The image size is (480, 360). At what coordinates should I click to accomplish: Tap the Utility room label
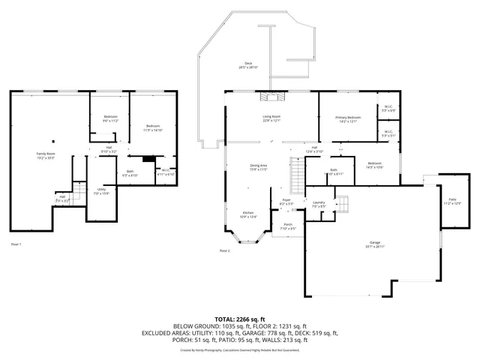coord(101,191)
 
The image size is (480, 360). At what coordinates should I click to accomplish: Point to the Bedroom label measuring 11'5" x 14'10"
coord(153,127)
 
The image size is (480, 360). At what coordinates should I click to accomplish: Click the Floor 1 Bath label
coord(130,172)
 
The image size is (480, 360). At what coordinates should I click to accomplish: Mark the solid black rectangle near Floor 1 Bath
coord(148,159)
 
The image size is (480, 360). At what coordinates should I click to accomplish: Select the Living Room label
coord(271,118)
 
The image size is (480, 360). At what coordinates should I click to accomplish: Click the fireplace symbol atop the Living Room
coord(272,96)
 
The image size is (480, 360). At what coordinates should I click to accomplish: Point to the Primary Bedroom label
coord(348,119)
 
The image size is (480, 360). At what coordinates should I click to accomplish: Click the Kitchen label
coord(247,214)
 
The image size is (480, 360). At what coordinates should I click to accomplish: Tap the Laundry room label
coord(319,203)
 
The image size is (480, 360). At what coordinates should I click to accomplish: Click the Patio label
coord(451,202)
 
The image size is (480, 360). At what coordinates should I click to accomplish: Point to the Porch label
coord(287,226)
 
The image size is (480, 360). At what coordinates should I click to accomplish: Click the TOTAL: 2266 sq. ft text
coord(239,319)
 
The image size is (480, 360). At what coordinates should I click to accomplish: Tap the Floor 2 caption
coord(224,250)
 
